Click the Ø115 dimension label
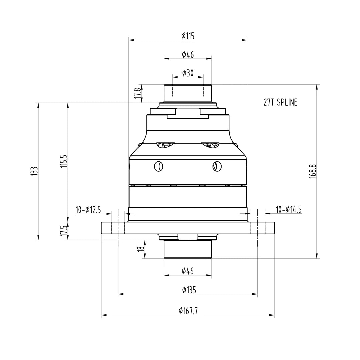[188, 36]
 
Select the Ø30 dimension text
[188, 73]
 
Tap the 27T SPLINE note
[280, 103]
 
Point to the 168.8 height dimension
[312, 171]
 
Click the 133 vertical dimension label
[34, 171]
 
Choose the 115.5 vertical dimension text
[64, 161]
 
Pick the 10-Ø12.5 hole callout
[88, 210]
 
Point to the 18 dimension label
[141, 249]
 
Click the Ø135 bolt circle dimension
[189, 290]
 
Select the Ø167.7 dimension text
[188, 311]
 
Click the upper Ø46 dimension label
[188, 55]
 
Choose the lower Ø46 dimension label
[188, 271]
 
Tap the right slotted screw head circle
[217, 166]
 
